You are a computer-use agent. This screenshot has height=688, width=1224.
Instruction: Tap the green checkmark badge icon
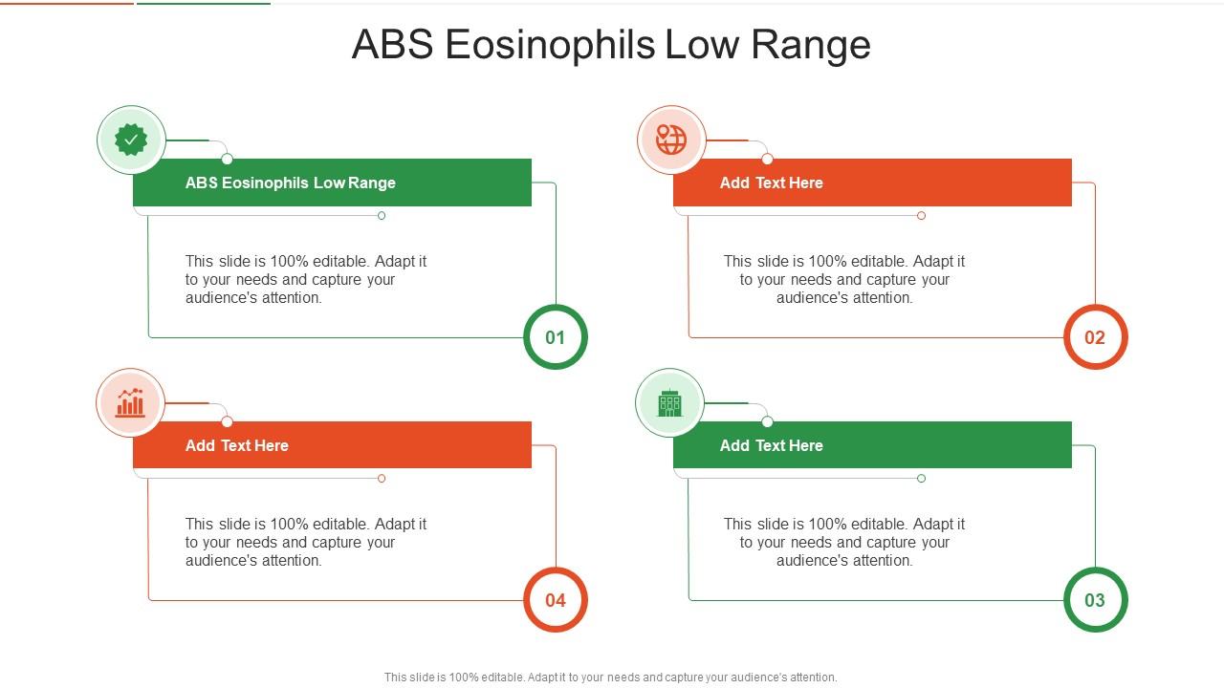pyautogui.click(x=131, y=140)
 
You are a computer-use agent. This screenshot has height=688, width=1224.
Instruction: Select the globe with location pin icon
pyautogui.click(x=671, y=140)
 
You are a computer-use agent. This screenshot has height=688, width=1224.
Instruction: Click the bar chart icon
pyautogui.click(x=131, y=403)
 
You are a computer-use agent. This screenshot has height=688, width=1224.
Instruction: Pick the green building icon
pyautogui.click(x=670, y=403)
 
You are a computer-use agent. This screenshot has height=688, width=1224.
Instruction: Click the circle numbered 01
pyautogui.click(x=556, y=337)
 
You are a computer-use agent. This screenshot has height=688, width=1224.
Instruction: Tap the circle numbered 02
pyautogui.click(x=1095, y=337)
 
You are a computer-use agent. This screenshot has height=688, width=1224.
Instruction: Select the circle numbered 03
pyautogui.click(x=1095, y=600)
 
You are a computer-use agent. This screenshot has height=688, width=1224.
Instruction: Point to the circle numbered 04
pyautogui.click(x=556, y=600)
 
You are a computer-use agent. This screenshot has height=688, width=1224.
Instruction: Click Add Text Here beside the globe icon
pyautogui.click(x=771, y=183)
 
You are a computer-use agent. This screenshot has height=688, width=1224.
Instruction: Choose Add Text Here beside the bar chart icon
pyautogui.click(x=236, y=445)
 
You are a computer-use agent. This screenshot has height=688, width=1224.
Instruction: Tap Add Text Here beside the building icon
pyautogui.click(x=771, y=445)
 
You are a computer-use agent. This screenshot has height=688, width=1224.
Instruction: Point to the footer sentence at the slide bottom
pyautogui.click(x=610, y=677)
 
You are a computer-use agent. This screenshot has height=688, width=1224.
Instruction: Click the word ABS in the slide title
pyautogui.click(x=392, y=45)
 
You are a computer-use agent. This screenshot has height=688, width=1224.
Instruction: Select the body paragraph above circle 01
pyautogui.click(x=306, y=279)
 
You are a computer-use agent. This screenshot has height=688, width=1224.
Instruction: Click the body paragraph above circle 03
pyautogui.click(x=844, y=542)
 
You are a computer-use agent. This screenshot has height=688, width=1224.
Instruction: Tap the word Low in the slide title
pyautogui.click(x=702, y=45)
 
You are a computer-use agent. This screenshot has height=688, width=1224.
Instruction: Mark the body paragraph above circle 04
pyautogui.click(x=306, y=542)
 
